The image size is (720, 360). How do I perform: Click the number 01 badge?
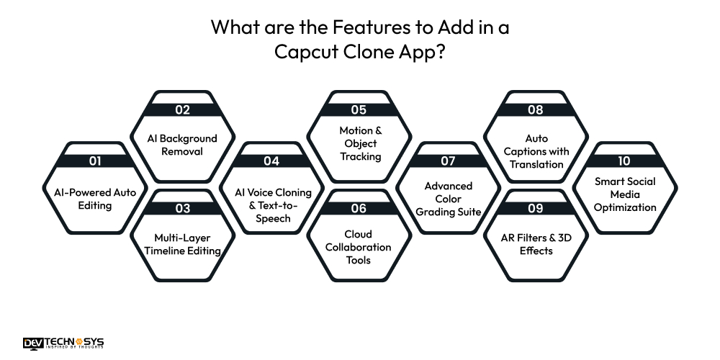click(x=95, y=161)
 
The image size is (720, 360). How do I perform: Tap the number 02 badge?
click(x=182, y=110)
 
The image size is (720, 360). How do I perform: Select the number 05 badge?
click(x=359, y=110)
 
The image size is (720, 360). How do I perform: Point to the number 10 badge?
click(x=624, y=161)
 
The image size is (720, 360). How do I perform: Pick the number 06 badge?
click(x=359, y=209)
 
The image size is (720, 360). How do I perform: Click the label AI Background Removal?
click(x=182, y=145)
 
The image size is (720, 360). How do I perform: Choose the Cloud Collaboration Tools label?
click(x=359, y=247)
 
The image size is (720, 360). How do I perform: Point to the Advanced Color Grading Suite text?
click(x=447, y=199)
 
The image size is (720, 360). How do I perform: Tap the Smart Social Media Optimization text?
click(x=624, y=194)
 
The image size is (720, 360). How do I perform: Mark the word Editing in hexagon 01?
click(x=95, y=205)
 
